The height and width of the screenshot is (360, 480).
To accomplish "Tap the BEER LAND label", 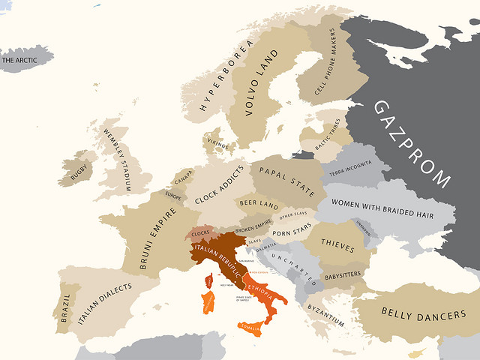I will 258,205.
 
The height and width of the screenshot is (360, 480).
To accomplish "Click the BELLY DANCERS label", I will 423,314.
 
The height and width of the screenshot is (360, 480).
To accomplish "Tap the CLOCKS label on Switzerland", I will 201,233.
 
